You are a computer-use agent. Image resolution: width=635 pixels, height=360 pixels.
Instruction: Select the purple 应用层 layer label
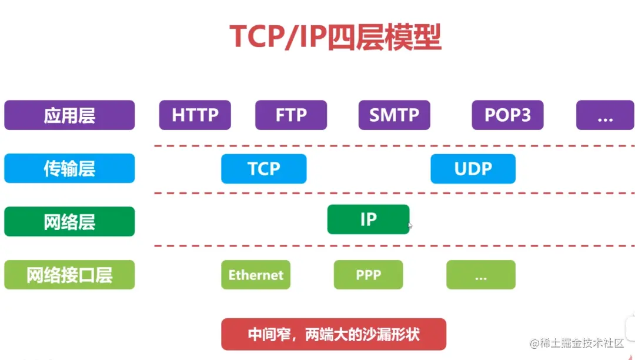click(x=69, y=115)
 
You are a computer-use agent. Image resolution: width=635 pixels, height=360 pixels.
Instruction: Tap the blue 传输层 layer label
click(x=69, y=169)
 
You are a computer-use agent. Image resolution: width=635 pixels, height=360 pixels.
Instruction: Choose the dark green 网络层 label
click(x=69, y=222)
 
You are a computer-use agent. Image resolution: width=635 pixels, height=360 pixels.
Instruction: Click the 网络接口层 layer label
click(x=69, y=275)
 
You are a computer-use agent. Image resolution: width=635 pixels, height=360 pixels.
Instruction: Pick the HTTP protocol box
click(x=195, y=115)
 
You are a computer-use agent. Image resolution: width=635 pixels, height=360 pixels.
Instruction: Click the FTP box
click(x=291, y=115)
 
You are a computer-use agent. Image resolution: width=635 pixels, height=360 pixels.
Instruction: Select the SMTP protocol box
click(x=394, y=115)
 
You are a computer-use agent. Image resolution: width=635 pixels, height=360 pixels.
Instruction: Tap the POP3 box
click(x=507, y=115)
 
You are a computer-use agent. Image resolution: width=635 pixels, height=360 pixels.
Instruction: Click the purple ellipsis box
click(x=604, y=115)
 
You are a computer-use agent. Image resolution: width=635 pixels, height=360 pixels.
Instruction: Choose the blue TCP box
click(x=263, y=169)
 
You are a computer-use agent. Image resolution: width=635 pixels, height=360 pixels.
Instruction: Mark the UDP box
click(x=473, y=169)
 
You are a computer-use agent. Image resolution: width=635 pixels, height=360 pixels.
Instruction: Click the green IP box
click(x=368, y=219)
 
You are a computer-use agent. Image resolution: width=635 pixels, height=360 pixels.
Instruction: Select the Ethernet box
click(x=256, y=275)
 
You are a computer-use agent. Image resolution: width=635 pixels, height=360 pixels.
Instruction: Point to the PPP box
click(x=368, y=275)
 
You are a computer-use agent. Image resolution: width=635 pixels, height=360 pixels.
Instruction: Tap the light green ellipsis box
click(x=480, y=275)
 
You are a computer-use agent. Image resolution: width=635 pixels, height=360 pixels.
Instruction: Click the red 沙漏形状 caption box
click(x=333, y=334)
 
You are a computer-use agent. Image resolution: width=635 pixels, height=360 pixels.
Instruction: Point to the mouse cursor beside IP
click(x=410, y=225)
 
